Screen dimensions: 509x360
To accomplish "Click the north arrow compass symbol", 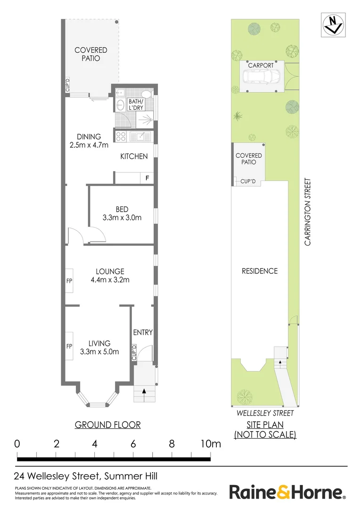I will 333,25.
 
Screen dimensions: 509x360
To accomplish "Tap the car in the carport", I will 262,76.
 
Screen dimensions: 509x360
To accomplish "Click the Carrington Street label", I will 308,212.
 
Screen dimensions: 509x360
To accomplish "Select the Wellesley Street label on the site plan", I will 265,413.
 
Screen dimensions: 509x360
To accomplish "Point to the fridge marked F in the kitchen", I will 147,178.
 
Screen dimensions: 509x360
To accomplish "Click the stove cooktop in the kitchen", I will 121,137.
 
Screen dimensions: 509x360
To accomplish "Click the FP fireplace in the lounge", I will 69,280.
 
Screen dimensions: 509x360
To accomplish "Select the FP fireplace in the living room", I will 69,346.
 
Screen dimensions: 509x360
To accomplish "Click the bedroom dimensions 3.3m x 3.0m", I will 122,218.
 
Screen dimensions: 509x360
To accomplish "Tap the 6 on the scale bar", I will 133,444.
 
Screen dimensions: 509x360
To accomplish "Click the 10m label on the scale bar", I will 210,444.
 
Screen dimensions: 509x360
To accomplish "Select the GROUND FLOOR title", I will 108,425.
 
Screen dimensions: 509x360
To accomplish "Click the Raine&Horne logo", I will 287,493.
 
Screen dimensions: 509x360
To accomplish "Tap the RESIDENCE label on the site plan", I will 260,271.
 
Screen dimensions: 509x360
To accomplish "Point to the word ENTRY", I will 143,332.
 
